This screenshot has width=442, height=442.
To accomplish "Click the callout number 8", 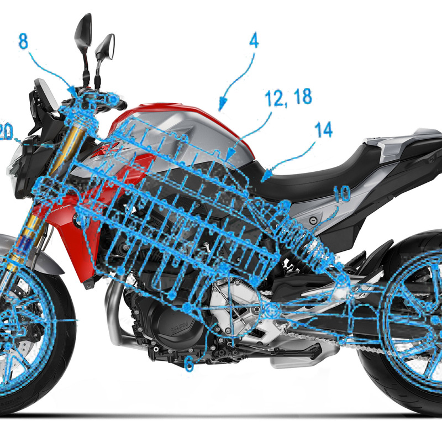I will coord(23,41).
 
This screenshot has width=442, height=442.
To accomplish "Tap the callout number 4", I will coord(253,42).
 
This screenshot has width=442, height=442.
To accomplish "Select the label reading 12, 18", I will coord(288,97).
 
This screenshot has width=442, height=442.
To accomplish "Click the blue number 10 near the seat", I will coord(341,194).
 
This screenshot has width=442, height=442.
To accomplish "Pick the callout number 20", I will coord(6,132).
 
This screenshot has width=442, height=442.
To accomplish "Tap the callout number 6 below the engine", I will coord(189,363).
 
